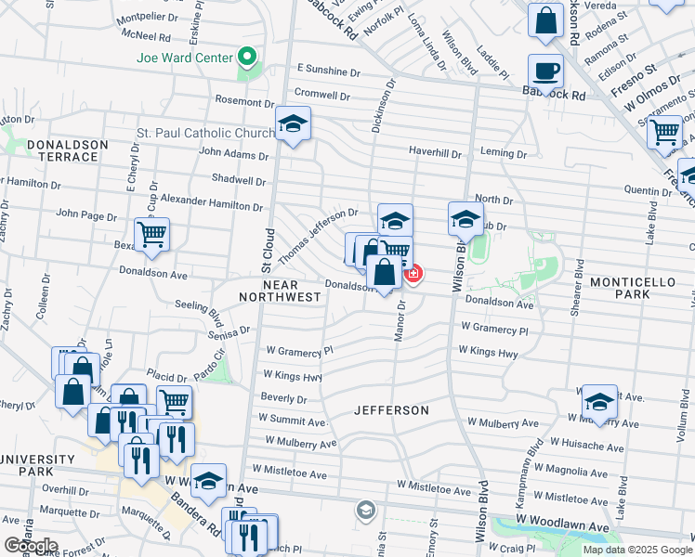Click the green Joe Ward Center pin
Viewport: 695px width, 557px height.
247,58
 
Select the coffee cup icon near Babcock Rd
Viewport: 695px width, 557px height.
545,71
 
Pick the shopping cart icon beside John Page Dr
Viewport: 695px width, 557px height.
151,235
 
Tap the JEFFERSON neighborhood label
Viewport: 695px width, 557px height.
391,409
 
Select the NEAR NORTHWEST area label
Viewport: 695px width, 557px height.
279,290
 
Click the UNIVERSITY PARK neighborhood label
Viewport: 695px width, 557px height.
37,466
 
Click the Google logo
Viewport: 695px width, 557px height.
32,546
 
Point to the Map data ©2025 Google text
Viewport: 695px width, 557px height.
636,550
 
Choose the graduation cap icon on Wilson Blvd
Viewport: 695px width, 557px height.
466,220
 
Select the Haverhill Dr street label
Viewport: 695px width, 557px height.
436,151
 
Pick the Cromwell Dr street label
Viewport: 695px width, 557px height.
321,95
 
